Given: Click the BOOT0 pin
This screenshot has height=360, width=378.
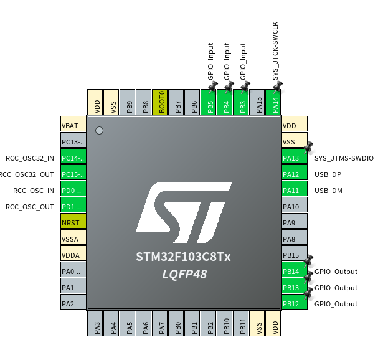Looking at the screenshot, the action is [x=160, y=102].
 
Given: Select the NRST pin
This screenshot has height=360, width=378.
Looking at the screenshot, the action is [x=73, y=221].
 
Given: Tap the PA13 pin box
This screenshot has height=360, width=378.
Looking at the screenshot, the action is [x=295, y=156].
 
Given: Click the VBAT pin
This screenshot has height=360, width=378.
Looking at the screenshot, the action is [x=73, y=124].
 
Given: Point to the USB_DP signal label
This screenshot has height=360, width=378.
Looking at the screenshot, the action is [x=328, y=174].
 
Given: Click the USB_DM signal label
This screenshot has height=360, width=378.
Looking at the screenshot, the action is [x=328, y=191].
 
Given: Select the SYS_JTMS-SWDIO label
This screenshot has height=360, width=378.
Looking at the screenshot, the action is [x=344, y=158].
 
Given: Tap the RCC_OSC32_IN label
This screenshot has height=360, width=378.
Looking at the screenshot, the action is [x=30, y=158].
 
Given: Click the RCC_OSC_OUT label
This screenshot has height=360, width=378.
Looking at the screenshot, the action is [x=30, y=207].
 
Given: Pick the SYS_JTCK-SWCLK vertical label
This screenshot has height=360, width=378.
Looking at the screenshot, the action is [x=275, y=51].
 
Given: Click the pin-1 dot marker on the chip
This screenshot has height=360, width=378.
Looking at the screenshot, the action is [x=99, y=130].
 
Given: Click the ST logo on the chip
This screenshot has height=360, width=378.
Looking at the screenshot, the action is [x=184, y=212].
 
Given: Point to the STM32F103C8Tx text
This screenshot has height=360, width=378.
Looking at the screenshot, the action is [x=183, y=257].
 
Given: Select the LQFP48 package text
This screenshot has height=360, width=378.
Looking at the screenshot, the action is [x=184, y=274].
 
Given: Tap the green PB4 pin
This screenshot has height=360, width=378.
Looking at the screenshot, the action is [x=225, y=102].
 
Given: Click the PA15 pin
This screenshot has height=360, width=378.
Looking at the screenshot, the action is [x=257, y=102].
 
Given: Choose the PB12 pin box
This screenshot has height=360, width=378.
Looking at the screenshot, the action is [x=295, y=301].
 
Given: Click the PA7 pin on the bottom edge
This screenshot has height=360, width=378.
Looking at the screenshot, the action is [x=160, y=323].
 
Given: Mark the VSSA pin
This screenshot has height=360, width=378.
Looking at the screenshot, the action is [x=73, y=237].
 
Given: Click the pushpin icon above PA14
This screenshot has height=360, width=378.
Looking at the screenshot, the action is [x=278, y=86].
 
